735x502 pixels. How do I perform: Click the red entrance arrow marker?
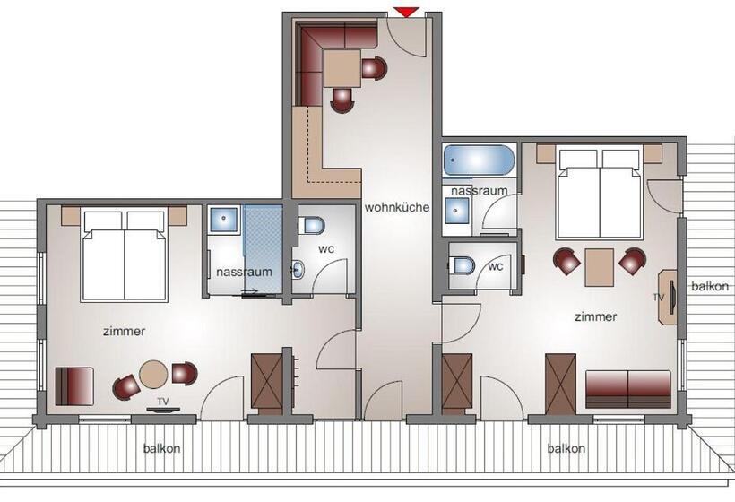pos(406,12)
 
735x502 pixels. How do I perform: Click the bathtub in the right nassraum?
pos(480,162)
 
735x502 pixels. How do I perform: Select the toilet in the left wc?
pos(313,225)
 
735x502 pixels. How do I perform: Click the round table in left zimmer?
pos(153,374)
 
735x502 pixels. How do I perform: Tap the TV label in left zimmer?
pos(162,401)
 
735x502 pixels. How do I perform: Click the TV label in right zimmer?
pos(658,296)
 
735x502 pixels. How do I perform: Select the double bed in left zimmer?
pos(125,255)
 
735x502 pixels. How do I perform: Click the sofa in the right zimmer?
pos(628,387)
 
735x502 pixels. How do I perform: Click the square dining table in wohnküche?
pos(342,67)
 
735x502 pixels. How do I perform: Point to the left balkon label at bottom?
pos(161,449)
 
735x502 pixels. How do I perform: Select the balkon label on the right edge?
pos(710,287)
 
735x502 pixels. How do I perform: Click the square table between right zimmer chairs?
pos(599,266)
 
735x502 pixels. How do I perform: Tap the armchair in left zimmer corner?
pos(74,385)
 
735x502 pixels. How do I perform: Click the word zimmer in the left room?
pos(124,331)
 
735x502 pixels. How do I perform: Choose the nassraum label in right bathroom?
pos(480,191)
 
